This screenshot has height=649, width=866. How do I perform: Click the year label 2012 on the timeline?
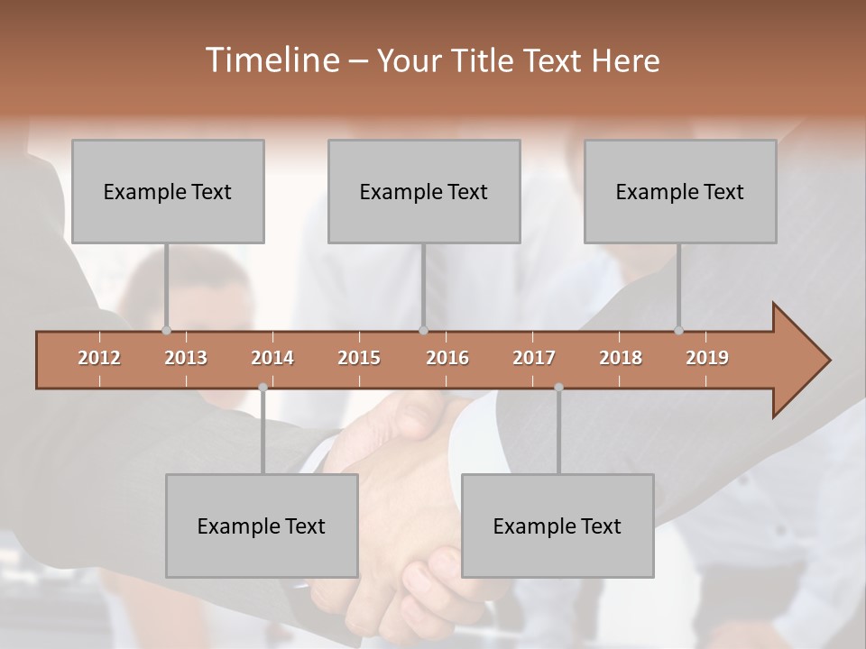tap(99, 358)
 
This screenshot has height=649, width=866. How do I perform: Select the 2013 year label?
tap(186, 358)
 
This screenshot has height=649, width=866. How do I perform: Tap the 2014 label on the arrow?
tap(272, 358)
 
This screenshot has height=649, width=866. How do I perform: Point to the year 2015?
tap(359, 358)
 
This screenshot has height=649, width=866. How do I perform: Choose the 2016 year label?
tap(447, 358)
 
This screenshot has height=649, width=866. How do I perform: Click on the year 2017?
tap(534, 358)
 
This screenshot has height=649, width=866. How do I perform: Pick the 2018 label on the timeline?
tap(621, 358)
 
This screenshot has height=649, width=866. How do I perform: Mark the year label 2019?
tap(707, 358)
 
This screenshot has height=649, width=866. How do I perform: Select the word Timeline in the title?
tap(271, 60)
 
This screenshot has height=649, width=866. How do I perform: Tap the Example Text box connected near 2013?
tap(168, 191)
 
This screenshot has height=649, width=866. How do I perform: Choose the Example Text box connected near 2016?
tap(424, 191)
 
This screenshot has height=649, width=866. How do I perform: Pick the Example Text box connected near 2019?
tap(680, 191)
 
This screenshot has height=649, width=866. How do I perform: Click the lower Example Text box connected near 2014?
tap(262, 526)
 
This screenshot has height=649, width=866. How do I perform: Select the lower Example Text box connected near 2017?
tap(557, 526)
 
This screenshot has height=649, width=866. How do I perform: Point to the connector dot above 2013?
tap(166, 330)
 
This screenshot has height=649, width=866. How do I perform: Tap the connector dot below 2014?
tap(263, 387)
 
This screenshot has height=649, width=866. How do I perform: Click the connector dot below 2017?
tap(558, 387)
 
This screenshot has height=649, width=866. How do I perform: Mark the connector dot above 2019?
tap(678, 330)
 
